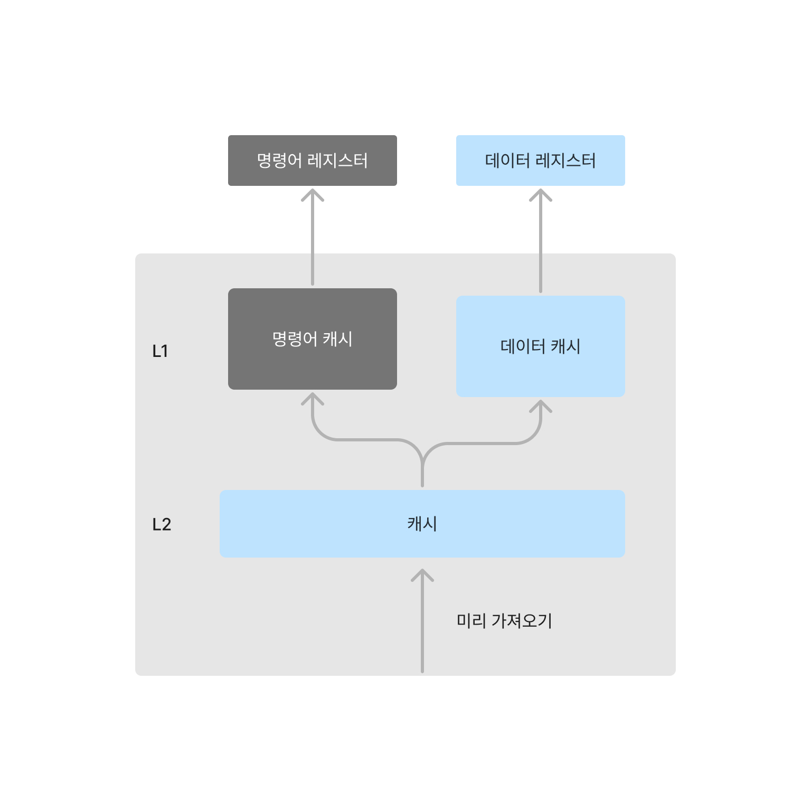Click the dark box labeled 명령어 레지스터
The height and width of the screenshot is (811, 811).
312,161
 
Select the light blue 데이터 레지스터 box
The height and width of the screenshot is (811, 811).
540,161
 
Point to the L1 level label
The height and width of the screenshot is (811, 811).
160,351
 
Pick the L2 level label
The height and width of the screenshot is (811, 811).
162,524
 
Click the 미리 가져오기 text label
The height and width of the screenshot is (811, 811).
504,621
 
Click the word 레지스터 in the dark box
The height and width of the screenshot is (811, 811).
337,161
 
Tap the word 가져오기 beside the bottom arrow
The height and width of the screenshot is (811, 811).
522,621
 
